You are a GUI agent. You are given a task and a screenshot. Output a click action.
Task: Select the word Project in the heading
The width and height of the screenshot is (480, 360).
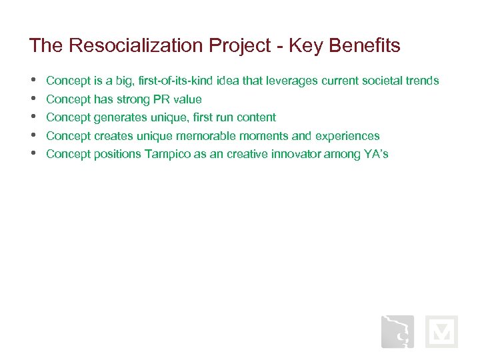click(x=241, y=45)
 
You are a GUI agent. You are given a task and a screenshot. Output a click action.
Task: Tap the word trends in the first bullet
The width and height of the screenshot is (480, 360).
click(x=422, y=81)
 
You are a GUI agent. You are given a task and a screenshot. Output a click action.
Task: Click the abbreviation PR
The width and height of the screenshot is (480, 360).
click(x=161, y=99)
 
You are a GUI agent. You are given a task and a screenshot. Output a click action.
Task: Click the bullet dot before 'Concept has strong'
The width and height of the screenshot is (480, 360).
click(x=33, y=99)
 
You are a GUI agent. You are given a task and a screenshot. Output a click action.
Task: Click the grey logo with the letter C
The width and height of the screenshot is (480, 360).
click(x=397, y=331)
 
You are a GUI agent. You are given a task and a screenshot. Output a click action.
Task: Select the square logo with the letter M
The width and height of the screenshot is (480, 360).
click(x=441, y=331)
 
